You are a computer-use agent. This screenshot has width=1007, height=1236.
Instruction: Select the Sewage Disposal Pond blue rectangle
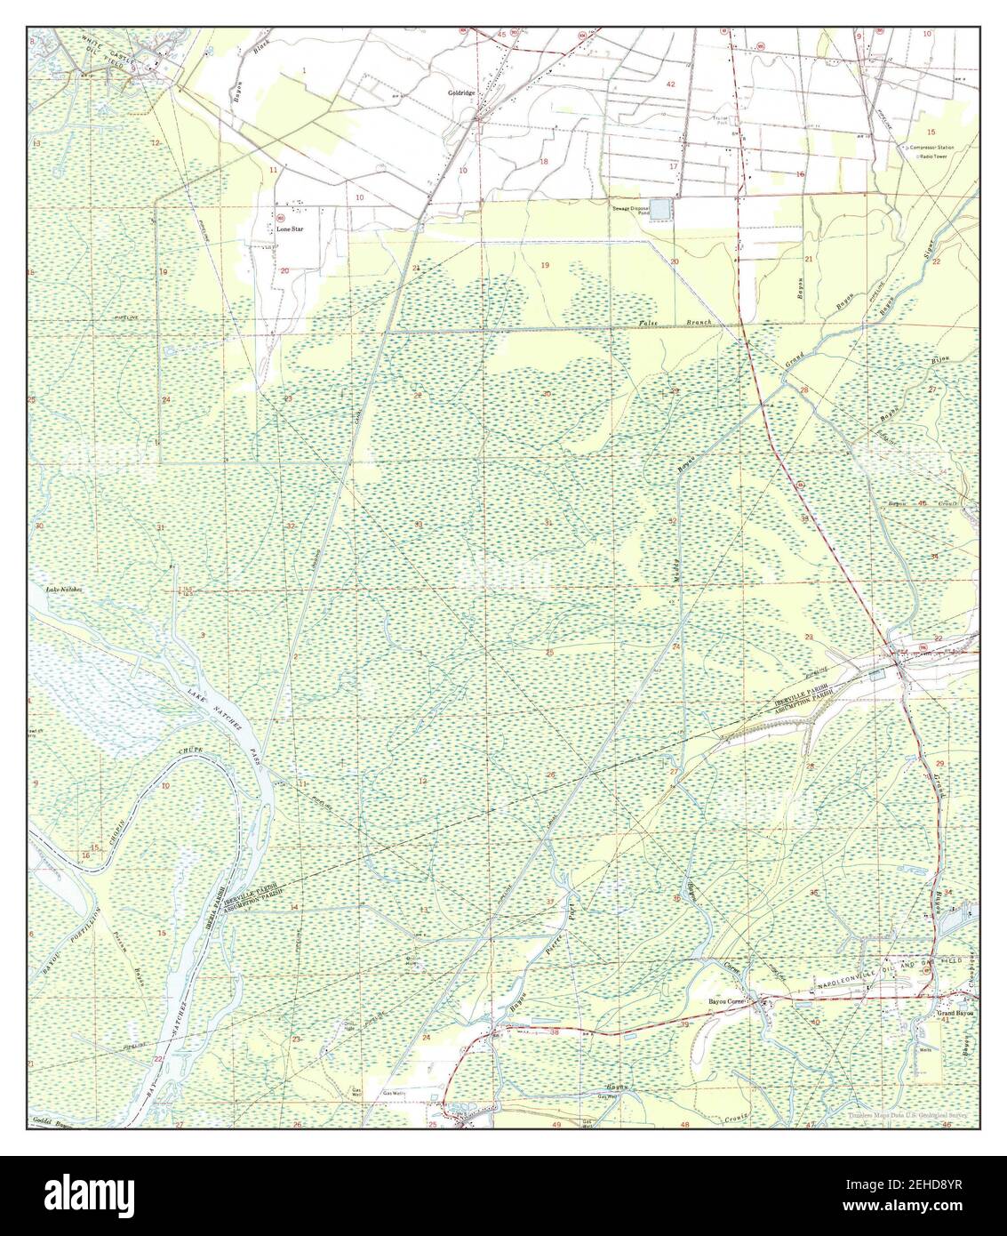point(663,210)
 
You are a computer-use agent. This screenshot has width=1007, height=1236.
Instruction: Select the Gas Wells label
point(394,1093)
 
